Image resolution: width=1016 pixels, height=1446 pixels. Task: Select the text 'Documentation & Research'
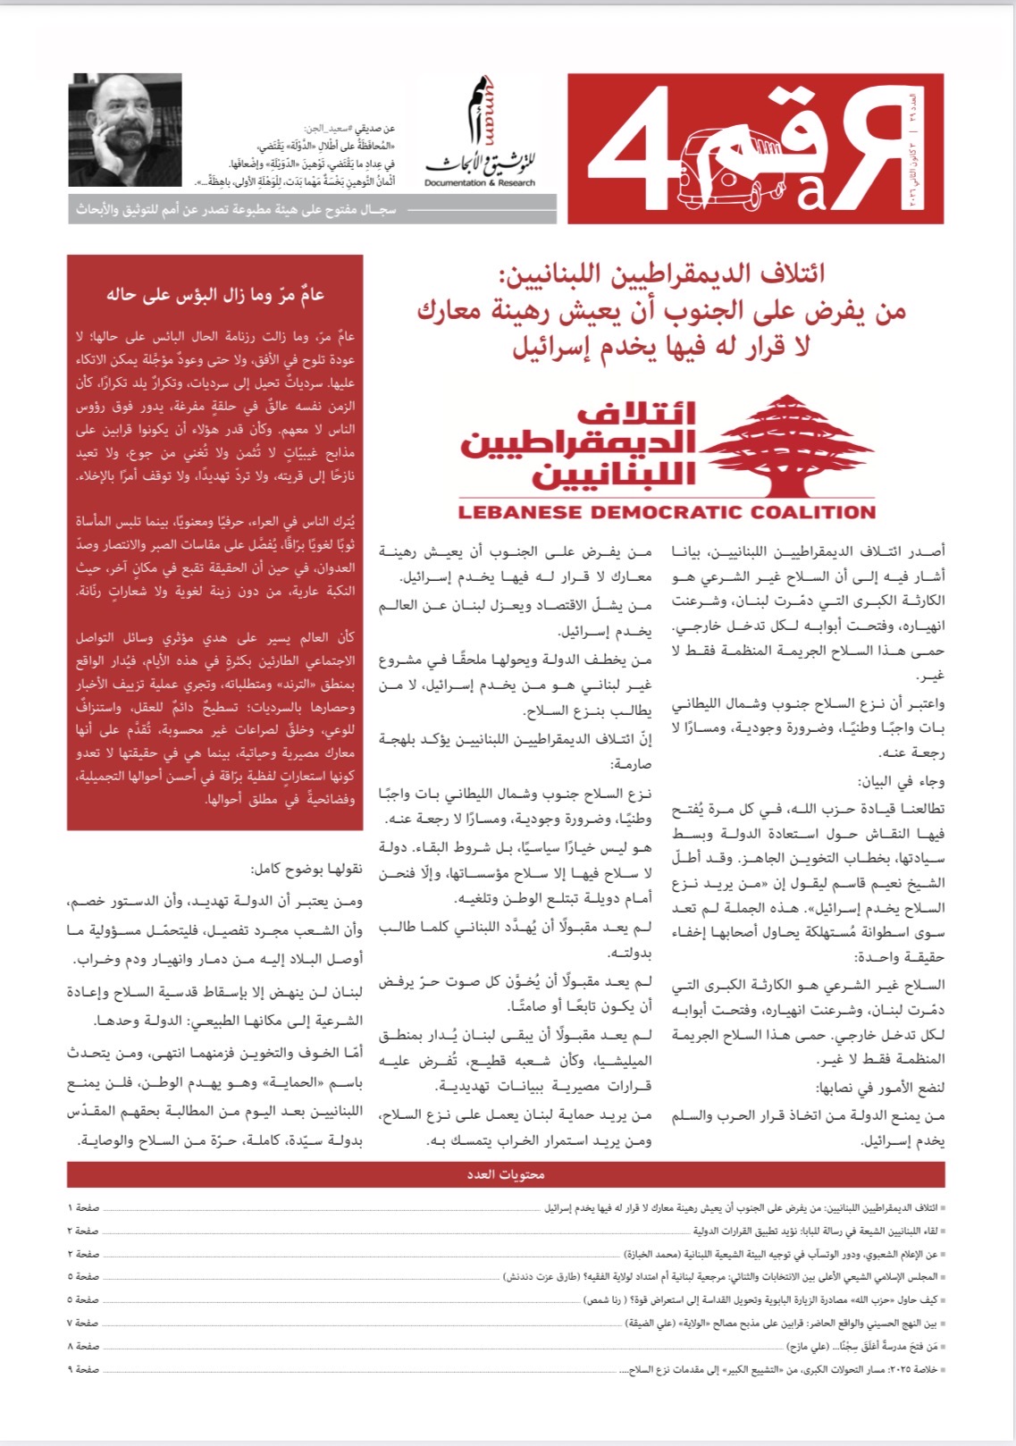480,183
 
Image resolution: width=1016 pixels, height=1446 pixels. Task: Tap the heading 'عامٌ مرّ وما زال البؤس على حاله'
215,295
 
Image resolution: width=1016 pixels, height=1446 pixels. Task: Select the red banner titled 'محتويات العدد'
506,1174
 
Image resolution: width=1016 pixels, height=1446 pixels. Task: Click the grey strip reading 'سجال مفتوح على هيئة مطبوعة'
237,210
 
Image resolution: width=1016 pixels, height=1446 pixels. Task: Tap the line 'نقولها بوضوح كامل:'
307,870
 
